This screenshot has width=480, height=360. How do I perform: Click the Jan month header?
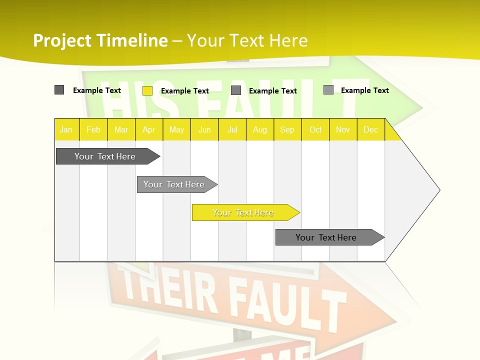(66, 129)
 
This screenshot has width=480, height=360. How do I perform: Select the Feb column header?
(93, 129)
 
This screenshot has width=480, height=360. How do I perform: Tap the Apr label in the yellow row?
(148, 129)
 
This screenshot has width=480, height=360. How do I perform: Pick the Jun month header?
(204, 129)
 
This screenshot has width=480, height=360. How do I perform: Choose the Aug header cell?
(259, 129)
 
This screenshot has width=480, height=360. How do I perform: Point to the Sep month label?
(287, 129)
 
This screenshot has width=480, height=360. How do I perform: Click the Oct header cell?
(315, 129)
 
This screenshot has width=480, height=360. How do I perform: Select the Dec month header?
(370, 129)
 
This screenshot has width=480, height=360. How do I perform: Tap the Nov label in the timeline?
(343, 129)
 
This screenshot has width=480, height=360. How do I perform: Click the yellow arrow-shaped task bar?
(243, 212)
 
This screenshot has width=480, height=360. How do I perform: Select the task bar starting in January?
(105, 156)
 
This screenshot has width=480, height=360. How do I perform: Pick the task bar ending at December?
(326, 237)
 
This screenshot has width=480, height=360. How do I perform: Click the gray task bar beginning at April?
(174, 184)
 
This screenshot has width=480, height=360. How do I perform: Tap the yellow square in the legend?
(147, 90)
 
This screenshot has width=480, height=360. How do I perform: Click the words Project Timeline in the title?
(100, 40)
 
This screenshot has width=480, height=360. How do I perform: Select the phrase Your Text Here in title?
(247, 40)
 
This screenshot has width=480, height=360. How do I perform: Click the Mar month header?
(121, 129)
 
